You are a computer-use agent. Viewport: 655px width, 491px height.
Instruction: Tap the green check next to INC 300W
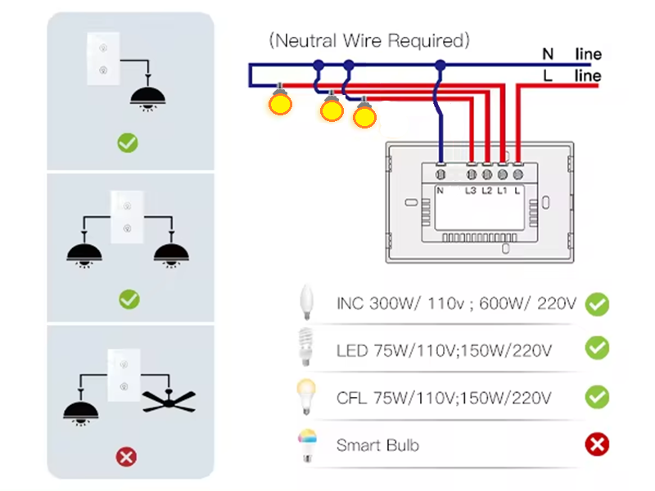597,304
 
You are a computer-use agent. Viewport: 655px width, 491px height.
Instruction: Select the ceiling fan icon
169,400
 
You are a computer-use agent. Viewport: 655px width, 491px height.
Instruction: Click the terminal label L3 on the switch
471,191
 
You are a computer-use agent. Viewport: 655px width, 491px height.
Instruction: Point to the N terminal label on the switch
440,191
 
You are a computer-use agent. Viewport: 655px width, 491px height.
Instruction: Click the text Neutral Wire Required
369,39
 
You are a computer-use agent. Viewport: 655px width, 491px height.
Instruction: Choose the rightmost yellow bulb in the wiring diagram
364,115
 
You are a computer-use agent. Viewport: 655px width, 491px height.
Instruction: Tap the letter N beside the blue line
548,55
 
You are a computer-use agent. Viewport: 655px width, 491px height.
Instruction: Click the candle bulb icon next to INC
307,303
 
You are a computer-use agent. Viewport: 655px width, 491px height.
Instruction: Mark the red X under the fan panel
127,456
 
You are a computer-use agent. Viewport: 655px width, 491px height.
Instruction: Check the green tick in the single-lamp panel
127,143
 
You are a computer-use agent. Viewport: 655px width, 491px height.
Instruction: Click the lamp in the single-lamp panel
147,97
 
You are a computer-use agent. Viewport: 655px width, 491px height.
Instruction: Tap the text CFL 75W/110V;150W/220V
444,399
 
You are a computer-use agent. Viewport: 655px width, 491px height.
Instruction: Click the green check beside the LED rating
597,348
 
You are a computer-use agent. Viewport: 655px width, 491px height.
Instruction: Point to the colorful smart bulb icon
307,445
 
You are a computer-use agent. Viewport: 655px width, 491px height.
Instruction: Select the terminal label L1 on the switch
502,191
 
